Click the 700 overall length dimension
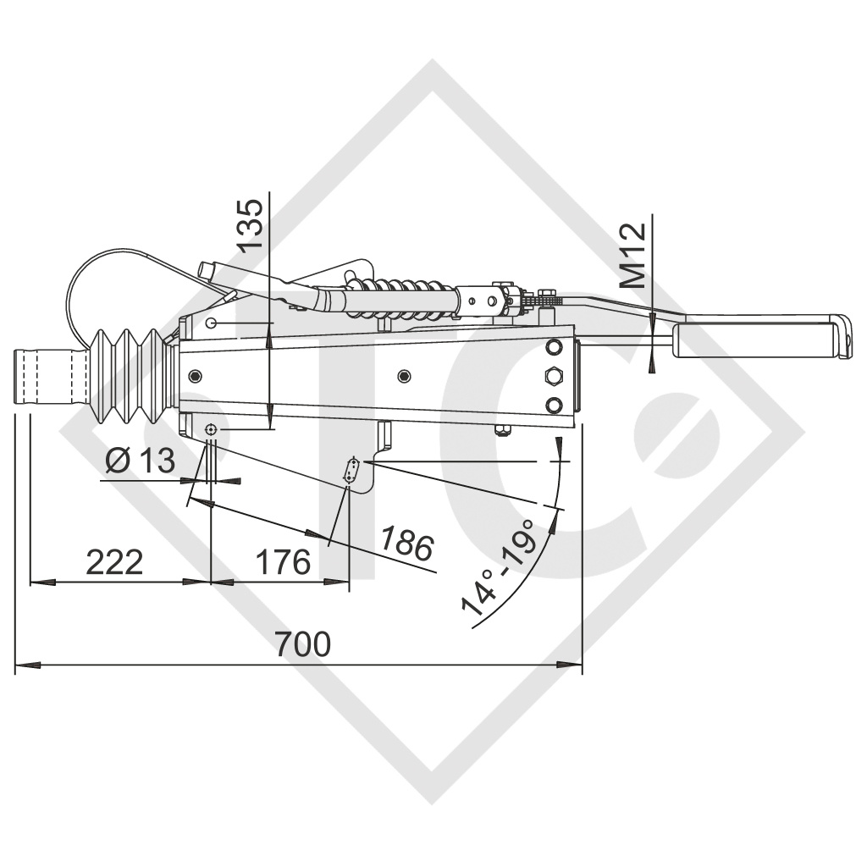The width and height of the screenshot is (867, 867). click(302, 645)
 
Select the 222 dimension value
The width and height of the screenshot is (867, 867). click(115, 562)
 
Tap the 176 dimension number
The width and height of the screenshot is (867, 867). click(283, 562)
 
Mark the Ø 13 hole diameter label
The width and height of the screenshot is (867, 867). click(141, 461)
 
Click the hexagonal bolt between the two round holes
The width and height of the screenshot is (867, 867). click(555, 375)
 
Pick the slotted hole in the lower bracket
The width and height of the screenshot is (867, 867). click(352, 472)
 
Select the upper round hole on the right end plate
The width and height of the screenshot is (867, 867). click(555, 347)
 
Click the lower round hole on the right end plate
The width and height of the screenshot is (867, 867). click(555, 404)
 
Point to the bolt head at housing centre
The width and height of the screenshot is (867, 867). click(403, 375)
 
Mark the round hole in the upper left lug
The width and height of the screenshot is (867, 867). click(211, 323)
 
